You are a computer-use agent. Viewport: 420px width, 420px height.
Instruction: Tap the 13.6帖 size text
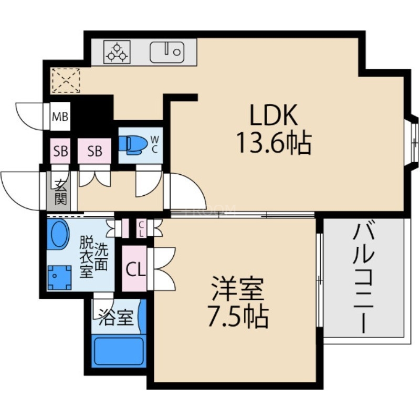point(274,142)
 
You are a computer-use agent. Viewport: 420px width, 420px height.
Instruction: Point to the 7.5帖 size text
point(237,316)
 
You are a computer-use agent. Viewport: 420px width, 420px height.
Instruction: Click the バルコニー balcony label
point(364,278)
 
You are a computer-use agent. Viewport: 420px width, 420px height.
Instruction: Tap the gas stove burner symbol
point(117,52)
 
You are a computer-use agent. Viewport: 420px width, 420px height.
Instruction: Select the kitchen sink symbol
point(167,52)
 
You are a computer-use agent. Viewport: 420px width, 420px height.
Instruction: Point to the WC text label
point(155,144)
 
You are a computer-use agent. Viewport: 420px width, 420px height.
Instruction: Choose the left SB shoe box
point(60,151)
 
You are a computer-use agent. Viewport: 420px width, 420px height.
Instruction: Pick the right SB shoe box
point(95,151)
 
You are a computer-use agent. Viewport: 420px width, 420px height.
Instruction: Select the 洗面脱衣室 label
point(93,257)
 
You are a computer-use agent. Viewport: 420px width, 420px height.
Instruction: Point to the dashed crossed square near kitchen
point(66,80)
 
